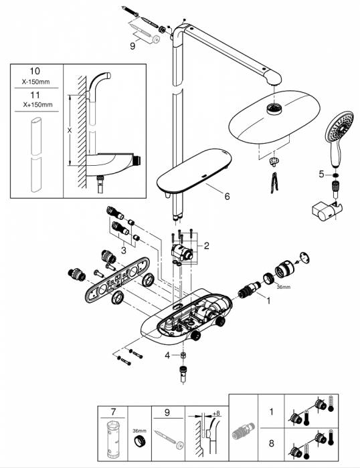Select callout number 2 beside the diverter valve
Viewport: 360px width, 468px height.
click(x=207, y=246)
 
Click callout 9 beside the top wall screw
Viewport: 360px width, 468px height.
click(x=132, y=45)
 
